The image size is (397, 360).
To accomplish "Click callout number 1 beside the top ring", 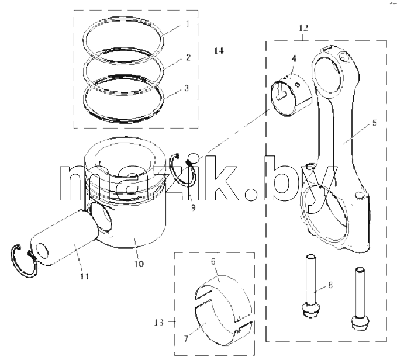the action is click(x=188, y=24).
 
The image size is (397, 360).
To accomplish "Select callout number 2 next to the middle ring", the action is click(x=188, y=57).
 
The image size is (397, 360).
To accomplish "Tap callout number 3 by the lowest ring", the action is click(x=187, y=88).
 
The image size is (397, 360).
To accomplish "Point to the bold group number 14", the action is click(x=219, y=51).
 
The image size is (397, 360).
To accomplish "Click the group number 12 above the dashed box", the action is click(x=303, y=27).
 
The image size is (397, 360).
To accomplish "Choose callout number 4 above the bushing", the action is click(x=294, y=58).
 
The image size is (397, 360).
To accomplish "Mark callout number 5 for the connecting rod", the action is click(x=374, y=123).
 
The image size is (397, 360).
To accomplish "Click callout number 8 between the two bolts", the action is click(x=330, y=285).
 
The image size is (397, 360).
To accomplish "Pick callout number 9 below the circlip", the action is click(x=193, y=207).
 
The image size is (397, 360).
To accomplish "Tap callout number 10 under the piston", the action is click(x=139, y=264).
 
